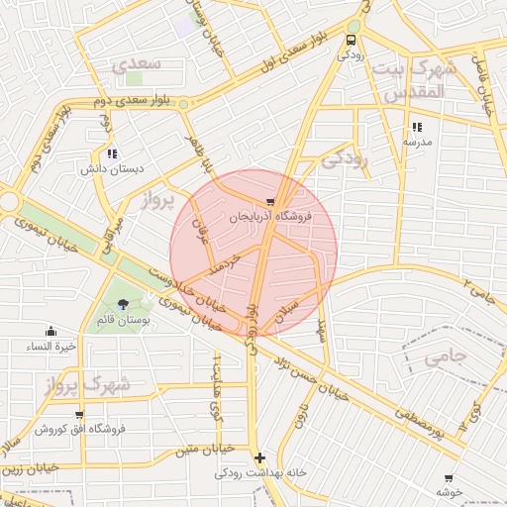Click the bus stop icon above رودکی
(351, 40)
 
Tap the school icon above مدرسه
(416, 127)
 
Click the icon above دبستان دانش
(112, 153)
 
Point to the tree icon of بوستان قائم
(122, 305)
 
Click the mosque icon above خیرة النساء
(51, 332)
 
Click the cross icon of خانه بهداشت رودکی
(259, 457)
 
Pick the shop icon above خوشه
(449, 478)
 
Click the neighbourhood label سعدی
(132, 65)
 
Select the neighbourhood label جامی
(444, 358)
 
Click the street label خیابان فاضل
(485, 90)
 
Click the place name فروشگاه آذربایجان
(270, 216)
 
